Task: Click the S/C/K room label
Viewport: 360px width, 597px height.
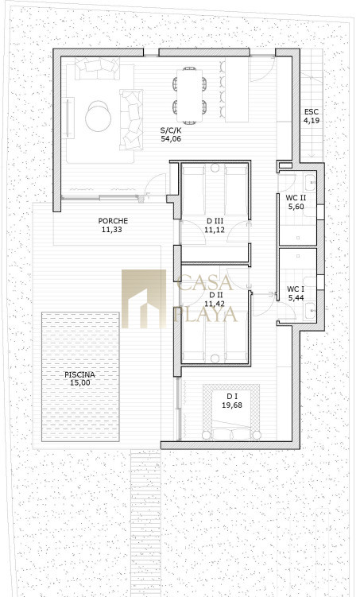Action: tap(171, 131)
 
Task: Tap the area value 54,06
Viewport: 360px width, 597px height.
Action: tap(171, 139)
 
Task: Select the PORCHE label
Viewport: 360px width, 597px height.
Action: tap(113, 221)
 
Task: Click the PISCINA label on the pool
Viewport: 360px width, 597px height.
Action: tap(79, 374)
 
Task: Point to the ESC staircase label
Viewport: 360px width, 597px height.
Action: tap(311, 112)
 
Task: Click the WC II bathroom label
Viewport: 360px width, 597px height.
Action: tap(296, 198)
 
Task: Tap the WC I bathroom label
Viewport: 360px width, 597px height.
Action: tap(296, 289)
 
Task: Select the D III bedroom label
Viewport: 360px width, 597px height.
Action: tap(215, 221)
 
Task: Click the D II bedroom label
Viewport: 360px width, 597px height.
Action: tap(215, 295)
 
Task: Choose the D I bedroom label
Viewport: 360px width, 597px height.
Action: tap(232, 397)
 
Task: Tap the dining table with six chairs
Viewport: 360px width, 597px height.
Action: tap(189, 95)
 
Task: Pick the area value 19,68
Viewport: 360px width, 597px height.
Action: tap(232, 405)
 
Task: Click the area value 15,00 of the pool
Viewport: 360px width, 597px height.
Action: tap(80, 382)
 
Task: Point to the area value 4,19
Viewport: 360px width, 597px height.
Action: tap(312, 121)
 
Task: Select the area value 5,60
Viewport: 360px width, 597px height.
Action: tap(296, 207)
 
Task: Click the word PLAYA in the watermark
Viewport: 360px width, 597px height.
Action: tap(206, 314)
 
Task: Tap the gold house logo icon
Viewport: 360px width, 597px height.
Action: tap(144, 299)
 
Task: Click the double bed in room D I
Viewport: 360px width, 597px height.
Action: tap(231, 414)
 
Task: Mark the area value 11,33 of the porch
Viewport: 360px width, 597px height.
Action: tap(112, 229)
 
